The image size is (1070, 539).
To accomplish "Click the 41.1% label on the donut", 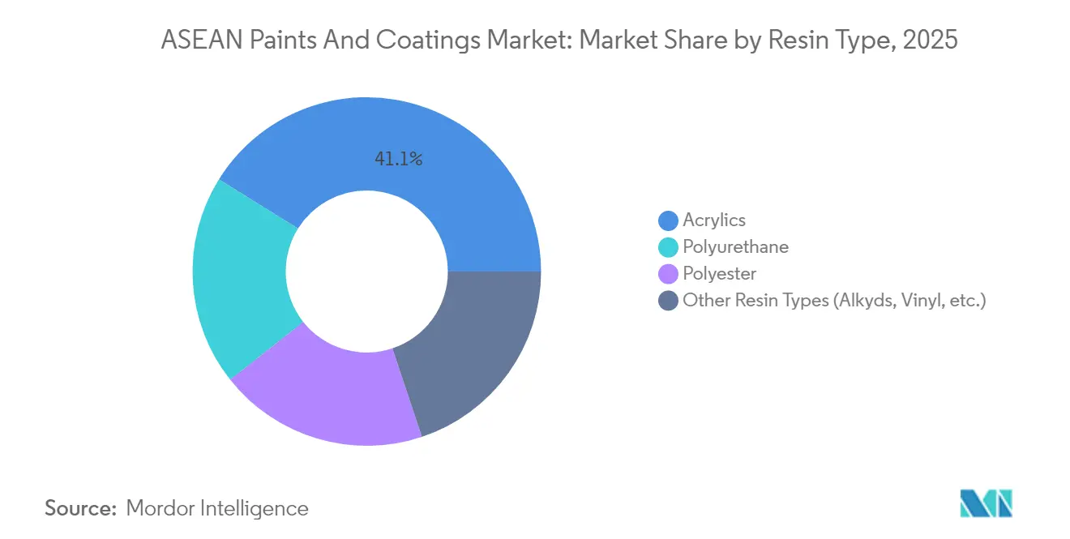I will coord(398,160).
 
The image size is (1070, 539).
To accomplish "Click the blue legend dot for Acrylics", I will coord(669,220).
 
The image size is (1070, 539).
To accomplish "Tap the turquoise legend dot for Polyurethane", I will coord(669,247).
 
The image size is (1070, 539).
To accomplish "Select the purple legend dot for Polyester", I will coord(669,274).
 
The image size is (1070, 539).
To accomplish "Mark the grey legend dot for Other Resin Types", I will coord(669,301).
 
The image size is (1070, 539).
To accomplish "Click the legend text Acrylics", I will coord(714,220).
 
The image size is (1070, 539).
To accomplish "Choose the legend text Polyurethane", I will coord(735,247).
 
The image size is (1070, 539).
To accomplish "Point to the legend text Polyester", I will coord(719,274).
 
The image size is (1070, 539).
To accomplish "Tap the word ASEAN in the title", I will coord(194,41).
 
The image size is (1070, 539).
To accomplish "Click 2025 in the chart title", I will coord(931,41).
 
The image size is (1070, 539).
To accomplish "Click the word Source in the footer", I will coord(79,508).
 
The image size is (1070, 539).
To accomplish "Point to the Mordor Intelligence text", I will coord(217,508).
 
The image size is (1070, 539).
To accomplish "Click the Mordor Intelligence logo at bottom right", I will coord(985,503).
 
